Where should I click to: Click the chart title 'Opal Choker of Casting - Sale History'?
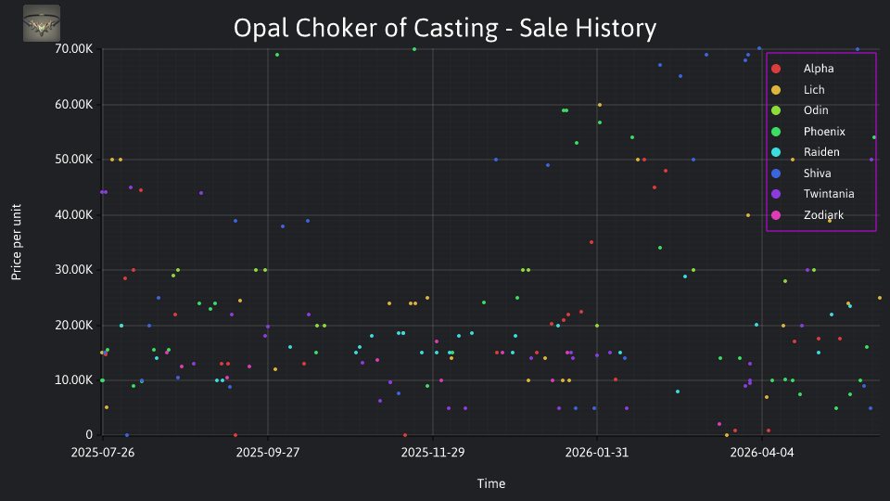(445, 28)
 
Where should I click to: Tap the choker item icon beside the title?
(42, 23)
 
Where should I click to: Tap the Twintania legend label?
(829, 194)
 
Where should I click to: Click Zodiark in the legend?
(823, 214)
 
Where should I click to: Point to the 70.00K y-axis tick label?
(74, 49)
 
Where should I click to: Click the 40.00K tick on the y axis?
(74, 214)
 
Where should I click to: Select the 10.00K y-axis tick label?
(74, 380)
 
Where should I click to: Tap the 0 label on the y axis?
(89, 434)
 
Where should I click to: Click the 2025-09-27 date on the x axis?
(268, 453)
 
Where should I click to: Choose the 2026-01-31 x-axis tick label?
(597, 453)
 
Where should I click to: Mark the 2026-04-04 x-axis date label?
(762, 453)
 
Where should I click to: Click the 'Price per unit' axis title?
(17, 242)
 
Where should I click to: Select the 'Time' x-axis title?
(491, 483)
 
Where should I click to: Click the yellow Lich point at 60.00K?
(600, 105)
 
